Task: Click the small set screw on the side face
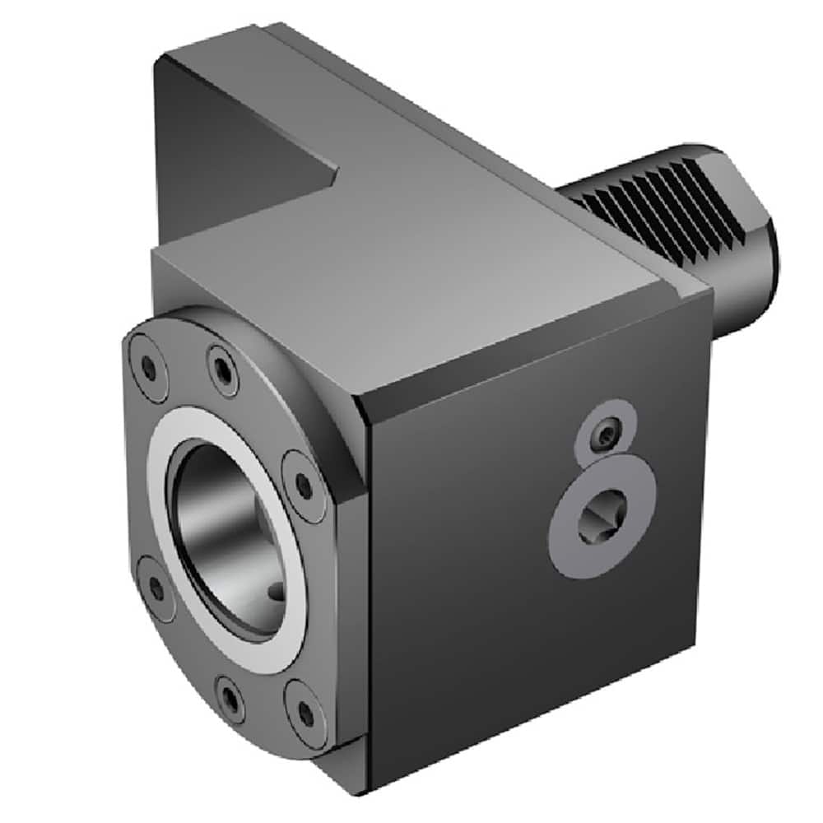(607, 433)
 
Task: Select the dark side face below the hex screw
(535, 658)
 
